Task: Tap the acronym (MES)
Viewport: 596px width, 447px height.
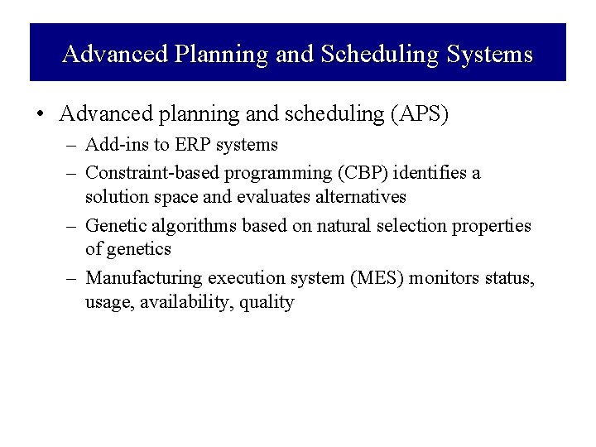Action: [x=348, y=277]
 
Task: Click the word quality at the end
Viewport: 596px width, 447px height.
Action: [x=266, y=303]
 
